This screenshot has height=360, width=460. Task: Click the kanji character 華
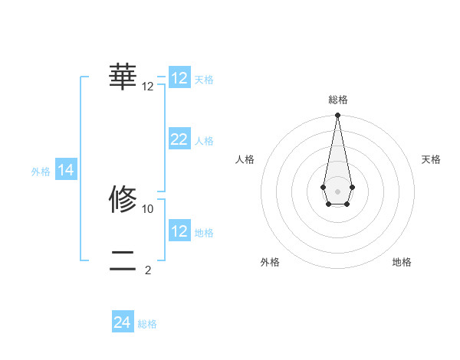[x=123, y=77]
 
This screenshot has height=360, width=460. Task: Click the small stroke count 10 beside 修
[x=148, y=208]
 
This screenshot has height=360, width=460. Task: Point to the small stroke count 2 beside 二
[x=148, y=270]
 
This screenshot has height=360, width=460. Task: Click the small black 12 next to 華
[x=148, y=87]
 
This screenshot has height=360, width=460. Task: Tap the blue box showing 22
[x=179, y=139]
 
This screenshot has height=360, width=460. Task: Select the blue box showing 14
[x=66, y=171]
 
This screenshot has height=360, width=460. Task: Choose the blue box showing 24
[x=123, y=322]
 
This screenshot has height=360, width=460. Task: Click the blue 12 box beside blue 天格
[x=179, y=78]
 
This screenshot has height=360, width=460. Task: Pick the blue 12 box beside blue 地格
[x=179, y=231]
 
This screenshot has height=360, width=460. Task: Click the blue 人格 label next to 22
[x=204, y=141]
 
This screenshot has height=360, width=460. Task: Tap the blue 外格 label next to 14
[x=41, y=172]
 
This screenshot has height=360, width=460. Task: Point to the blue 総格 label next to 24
[x=147, y=324]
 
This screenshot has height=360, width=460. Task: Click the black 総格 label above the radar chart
[x=337, y=100]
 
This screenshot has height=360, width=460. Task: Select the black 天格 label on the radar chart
[x=431, y=159]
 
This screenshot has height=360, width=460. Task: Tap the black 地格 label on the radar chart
[x=402, y=263]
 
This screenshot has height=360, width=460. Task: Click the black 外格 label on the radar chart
[x=270, y=263]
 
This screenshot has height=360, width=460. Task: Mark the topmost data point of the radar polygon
[x=337, y=115]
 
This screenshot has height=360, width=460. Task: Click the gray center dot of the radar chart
[x=337, y=191]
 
